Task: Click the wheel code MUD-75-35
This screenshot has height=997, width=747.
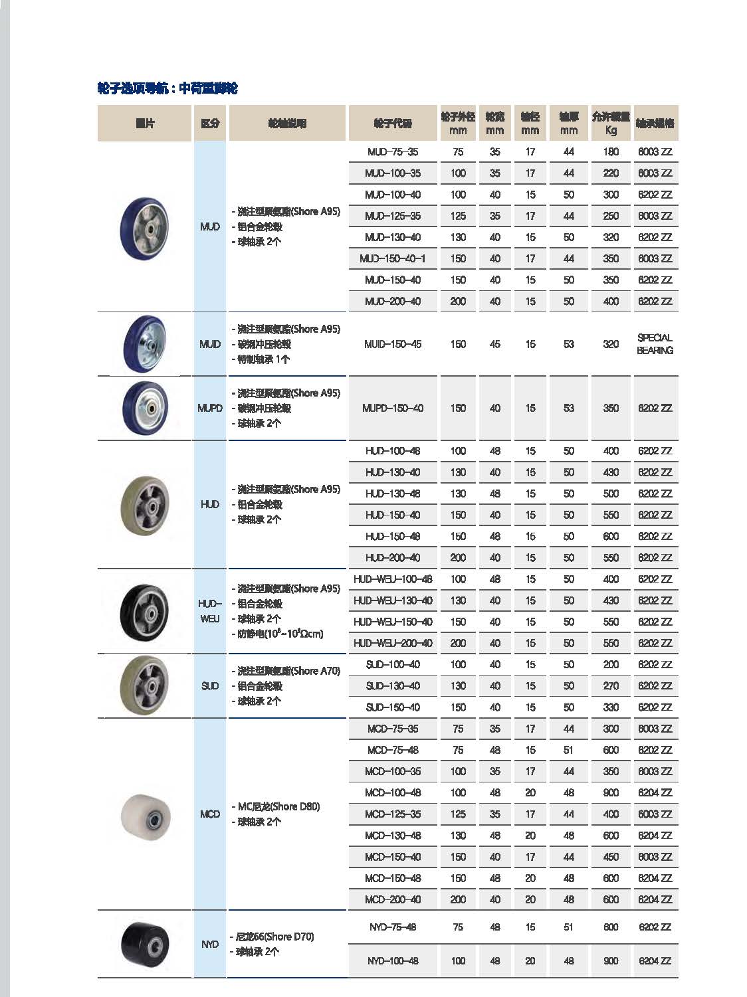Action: coord(393,152)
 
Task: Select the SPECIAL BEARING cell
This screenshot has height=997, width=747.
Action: coord(655,344)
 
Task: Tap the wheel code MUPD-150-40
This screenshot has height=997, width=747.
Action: coord(393,408)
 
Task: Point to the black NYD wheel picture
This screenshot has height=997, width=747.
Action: coord(145,944)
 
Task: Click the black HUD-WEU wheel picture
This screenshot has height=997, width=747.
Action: coord(145,611)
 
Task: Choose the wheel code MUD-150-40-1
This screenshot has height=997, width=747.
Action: coord(393,259)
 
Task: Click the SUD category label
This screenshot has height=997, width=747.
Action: coord(210,686)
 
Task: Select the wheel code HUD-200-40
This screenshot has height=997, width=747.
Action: coord(393,558)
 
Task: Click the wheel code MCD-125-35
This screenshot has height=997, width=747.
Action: coord(393,814)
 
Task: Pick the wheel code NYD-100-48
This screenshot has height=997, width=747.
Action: coord(393,961)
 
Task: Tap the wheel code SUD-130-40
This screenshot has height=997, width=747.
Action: coord(393,686)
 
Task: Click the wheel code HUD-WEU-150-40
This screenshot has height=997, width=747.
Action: coord(393,622)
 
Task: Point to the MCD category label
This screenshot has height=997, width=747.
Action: coord(210,814)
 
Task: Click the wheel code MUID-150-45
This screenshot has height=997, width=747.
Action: coord(393,344)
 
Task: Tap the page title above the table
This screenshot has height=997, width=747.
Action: coord(167,88)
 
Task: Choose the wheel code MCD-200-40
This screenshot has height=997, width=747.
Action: coord(393,900)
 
